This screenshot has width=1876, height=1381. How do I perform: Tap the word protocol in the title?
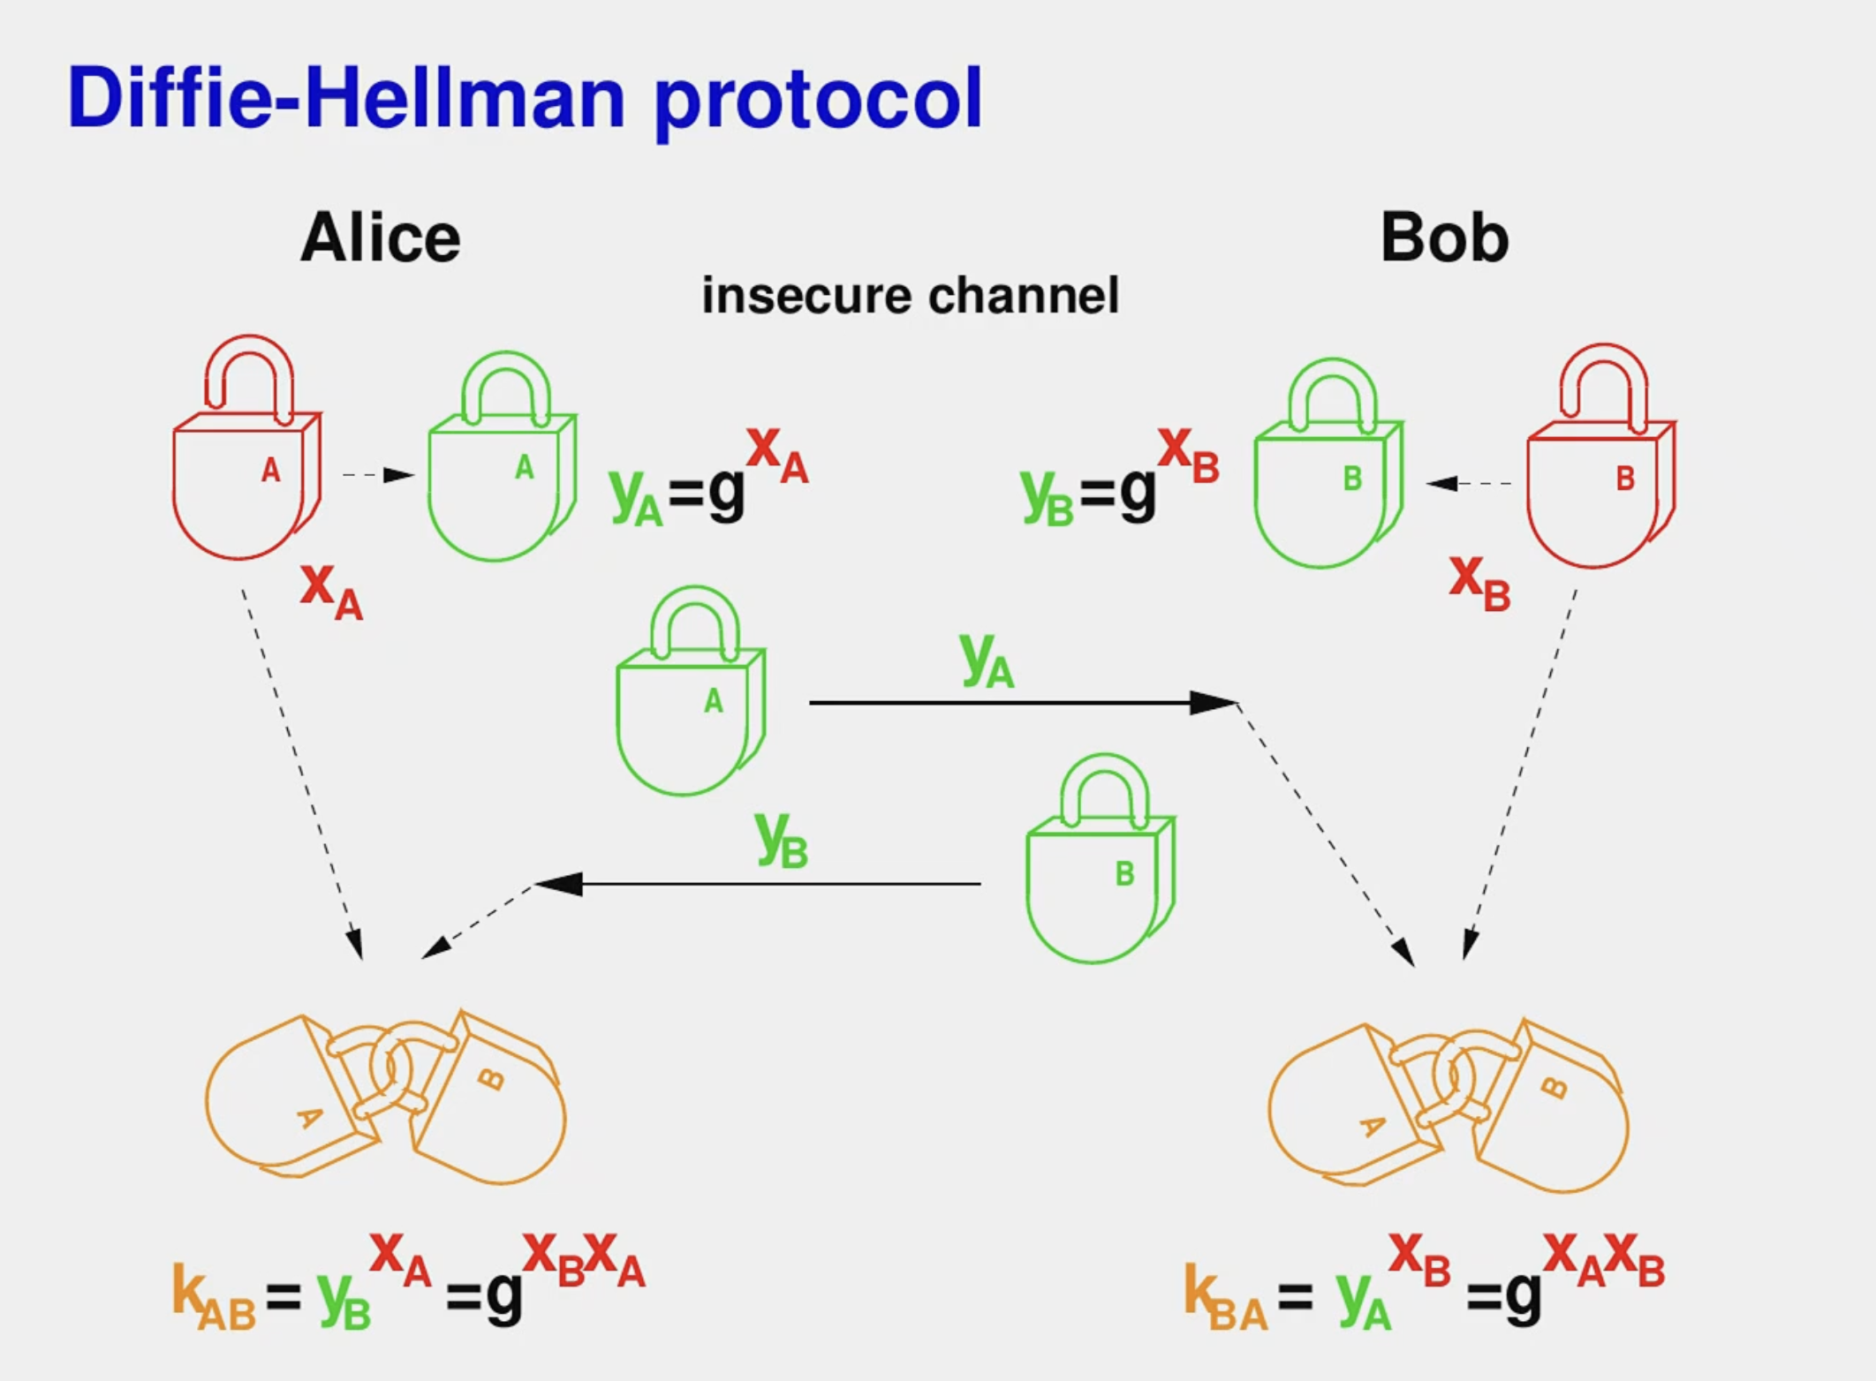[818, 101]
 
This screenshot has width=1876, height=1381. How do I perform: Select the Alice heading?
[381, 238]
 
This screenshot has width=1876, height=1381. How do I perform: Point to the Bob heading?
[1444, 238]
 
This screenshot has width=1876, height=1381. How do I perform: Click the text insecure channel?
[910, 295]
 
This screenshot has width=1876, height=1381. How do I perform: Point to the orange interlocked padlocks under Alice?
[386, 1099]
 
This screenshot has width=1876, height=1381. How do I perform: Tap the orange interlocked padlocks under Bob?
[1449, 1108]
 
